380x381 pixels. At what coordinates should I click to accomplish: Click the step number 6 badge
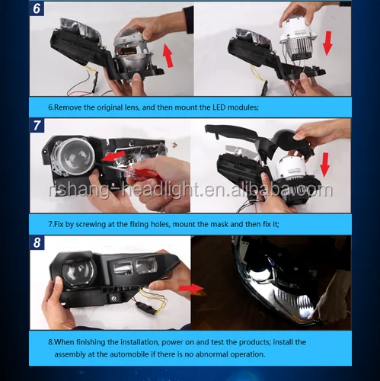(37, 8)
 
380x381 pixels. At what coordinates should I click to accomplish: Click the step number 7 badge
(37, 126)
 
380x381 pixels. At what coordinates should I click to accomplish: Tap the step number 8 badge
(37, 242)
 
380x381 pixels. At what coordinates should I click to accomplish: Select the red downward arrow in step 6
(327, 43)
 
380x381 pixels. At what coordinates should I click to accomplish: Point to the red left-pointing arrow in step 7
(113, 156)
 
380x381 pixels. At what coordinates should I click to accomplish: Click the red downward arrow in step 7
(324, 165)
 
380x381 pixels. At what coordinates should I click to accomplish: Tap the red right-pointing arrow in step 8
(191, 289)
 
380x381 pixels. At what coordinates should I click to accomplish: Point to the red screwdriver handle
(146, 173)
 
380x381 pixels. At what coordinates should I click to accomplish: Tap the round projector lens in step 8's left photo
(78, 274)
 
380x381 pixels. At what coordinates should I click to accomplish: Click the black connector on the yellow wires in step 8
(145, 308)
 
